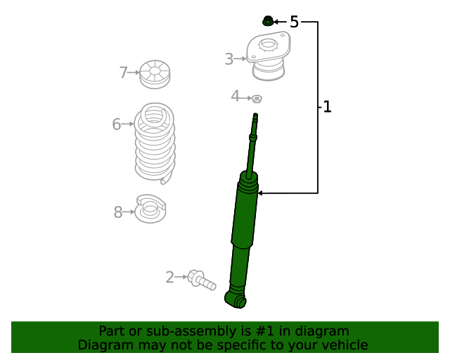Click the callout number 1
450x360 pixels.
pyautogui.click(x=326, y=107)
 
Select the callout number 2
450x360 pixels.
pyautogui.click(x=169, y=278)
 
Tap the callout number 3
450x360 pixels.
pyautogui.click(x=229, y=60)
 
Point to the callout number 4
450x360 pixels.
pyautogui.click(x=235, y=96)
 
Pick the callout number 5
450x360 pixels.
pyautogui.click(x=294, y=22)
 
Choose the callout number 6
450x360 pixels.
pyautogui.click(x=117, y=124)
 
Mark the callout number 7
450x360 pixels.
pyautogui.click(x=123, y=72)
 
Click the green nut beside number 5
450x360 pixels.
pyautogui.click(x=267, y=21)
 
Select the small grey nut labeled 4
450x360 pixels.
pyautogui.click(x=257, y=98)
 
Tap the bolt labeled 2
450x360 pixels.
pyautogui.click(x=200, y=281)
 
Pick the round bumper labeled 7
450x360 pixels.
pyautogui.click(x=155, y=75)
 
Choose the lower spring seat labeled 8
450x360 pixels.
pyautogui.click(x=151, y=210)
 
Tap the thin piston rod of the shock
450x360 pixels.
pyautogui.click(x=253, y=144)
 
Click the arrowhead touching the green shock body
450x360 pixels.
pyautogui.click(x=260, y=193)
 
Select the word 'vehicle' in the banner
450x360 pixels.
pyautogui.click(x=344, y=345)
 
